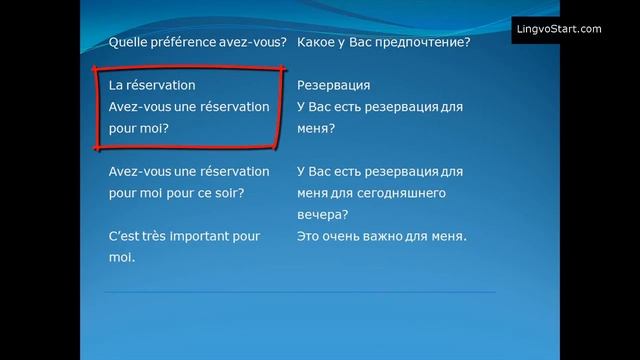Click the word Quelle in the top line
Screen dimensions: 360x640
127,43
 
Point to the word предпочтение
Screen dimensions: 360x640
425,43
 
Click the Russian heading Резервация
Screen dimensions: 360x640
334,86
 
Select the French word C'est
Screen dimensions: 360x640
123,236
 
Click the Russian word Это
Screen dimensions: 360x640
310,236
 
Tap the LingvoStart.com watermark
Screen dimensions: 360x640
558,29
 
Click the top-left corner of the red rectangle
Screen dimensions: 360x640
95,70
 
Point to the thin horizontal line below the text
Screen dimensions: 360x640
300,292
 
